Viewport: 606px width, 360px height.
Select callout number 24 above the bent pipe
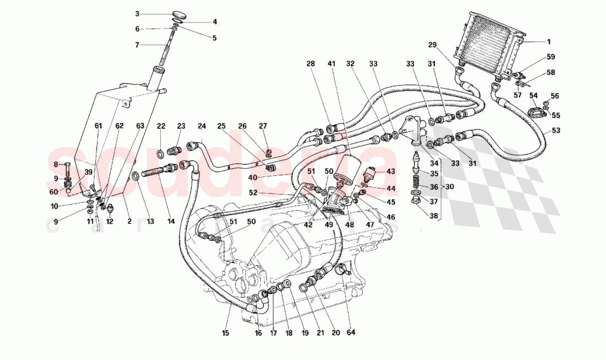tap(202, 126)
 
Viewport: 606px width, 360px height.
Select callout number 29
tap(432, 44)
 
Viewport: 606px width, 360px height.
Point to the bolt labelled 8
tap(67, 164)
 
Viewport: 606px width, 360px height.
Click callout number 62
tap(119, 126)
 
